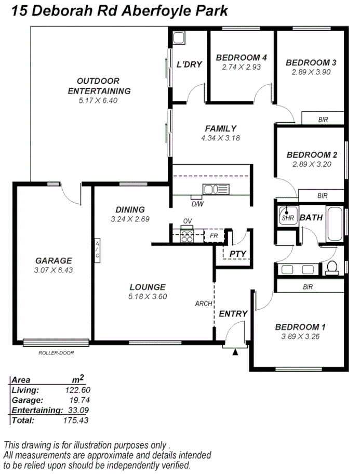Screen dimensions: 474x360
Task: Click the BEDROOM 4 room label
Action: (x=241, y=57)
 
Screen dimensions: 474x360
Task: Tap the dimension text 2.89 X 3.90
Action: (x=311, y=72)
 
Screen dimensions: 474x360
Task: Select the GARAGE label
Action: (x=54, y=260)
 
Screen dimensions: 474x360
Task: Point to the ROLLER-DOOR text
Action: (x=56, y=353)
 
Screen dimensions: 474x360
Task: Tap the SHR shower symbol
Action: (x=287, y=216)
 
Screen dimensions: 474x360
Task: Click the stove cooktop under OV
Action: (x=186, y=236)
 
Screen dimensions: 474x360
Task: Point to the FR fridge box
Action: (x=213, y=235)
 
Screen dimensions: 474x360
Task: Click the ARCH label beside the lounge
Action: (x=204, y=304)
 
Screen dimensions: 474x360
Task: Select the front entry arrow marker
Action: (x=235, y=352)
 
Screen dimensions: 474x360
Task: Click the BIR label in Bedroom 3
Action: (x=323, y=120)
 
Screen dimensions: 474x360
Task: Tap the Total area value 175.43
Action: (x=76, y=420)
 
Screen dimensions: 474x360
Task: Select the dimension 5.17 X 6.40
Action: (x=98, y=101)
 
